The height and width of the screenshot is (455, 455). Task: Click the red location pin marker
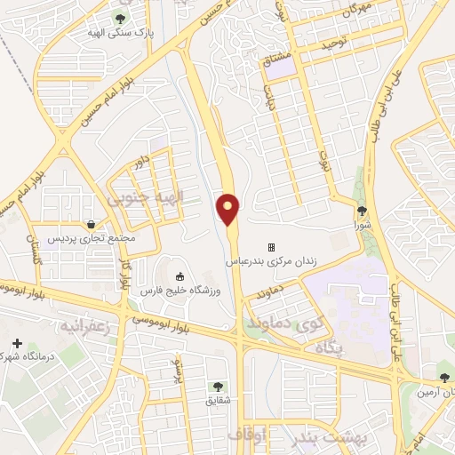click(x=228, y=208)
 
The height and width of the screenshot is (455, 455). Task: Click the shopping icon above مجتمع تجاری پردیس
click(x=91, y=224)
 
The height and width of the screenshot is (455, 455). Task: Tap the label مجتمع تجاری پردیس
click(x=91, y=239)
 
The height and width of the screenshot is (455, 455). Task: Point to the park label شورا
click(x=363, y=225)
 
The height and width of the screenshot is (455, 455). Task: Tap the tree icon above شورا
click(x=363, y=211)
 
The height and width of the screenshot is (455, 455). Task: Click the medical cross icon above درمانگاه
click(x=17, y=343)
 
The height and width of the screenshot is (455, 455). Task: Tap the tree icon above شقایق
click(x=217, y=386)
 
